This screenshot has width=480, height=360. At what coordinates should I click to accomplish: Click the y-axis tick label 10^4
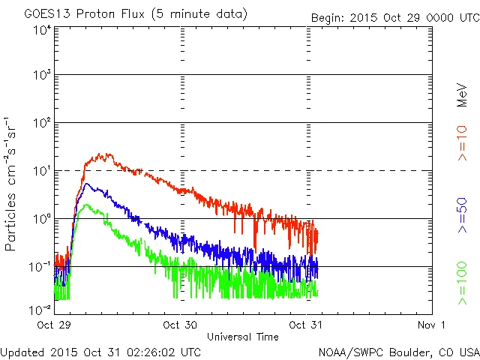[x=42, y=30]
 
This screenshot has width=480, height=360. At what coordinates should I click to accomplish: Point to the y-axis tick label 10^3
[x=42, y=75]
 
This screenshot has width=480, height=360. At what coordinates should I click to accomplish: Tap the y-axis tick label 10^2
[x=42, y=123]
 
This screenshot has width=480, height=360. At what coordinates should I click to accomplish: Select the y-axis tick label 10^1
[x=42, y=171]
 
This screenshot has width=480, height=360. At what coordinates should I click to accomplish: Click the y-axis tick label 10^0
[x=42, y=219]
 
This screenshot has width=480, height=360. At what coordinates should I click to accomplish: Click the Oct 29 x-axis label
[x=53, y=324]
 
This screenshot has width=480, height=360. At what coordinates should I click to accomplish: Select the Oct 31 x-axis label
[x=305, y=324]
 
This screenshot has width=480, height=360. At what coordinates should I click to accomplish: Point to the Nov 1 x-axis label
[x=431, y=324]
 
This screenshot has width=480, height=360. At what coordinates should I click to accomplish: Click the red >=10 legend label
[x=463, y=142]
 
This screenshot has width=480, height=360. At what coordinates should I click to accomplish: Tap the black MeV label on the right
[x=463, y=93]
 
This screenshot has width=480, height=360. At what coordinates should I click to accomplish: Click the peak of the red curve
[x=109, y=154]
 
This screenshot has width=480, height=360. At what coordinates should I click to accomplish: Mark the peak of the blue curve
[x=88, y=184]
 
